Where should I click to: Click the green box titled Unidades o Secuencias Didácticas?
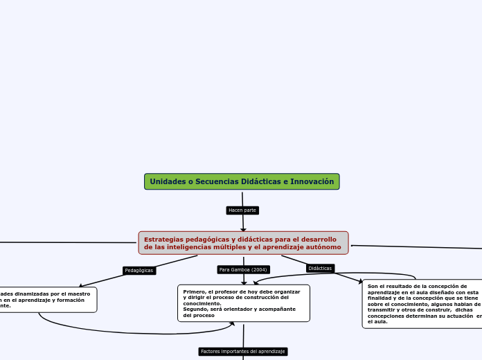point(242,181)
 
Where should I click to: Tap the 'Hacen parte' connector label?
point(242,210)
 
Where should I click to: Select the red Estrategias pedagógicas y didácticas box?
point(243,243)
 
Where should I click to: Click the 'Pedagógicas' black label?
point(139,270)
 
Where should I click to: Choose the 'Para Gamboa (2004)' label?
point(243,269)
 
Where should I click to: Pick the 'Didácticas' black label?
point(320,268)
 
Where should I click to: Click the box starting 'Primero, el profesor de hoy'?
point(243,303)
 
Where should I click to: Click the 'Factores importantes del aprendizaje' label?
point(242,352)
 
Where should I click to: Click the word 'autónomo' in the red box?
point(323,247)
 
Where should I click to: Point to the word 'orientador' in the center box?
point(238,309)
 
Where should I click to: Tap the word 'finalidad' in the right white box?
point(380,298)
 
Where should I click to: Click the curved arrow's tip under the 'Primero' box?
point(232,323)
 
